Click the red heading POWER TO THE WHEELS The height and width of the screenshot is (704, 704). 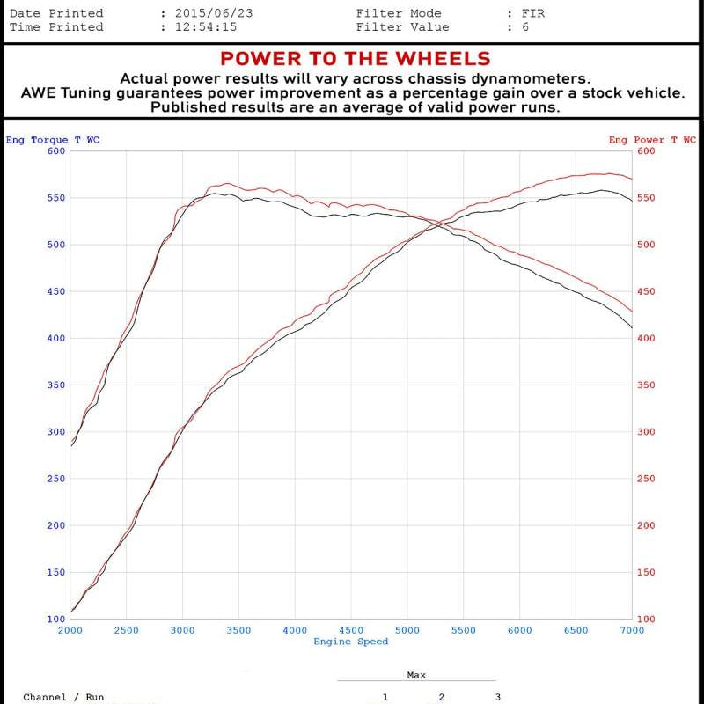coord(355,59)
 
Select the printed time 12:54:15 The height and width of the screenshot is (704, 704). coord(205,27)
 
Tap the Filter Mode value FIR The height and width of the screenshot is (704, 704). coord(533,13)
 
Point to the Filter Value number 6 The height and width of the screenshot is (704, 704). coord(526,27)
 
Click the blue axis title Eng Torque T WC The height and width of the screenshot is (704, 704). coord(53,140)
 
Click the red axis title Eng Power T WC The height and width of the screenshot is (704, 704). coord(652,140)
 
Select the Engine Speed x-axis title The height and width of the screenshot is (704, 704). coord(351,642)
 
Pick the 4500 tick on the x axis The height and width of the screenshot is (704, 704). coord(351,630)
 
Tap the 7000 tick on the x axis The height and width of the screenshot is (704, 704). coord(632,630)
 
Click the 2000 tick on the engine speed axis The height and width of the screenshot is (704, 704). coord(70,630)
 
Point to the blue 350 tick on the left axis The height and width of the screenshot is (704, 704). coord(56,385)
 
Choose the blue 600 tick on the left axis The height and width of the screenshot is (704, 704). coord(56,151)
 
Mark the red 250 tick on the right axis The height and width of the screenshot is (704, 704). coord(646,479)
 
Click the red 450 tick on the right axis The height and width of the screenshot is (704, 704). coord(646,292)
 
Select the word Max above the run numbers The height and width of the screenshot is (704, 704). coord(416,675)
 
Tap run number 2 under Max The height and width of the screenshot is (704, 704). coord(441,697)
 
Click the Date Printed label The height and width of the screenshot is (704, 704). coord(56,13)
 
